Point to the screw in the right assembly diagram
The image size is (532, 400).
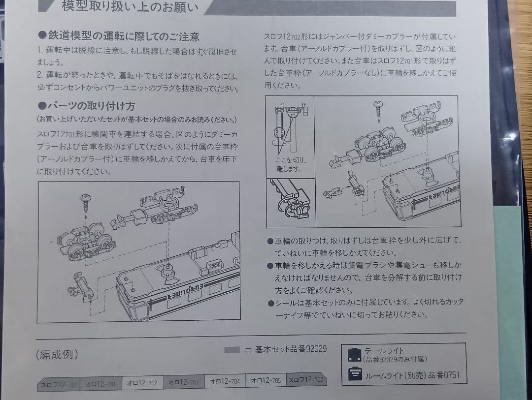(x=379, y=105)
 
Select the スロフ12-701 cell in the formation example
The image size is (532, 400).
(x=59, y=383)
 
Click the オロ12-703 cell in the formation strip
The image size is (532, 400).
(x=183, y=381)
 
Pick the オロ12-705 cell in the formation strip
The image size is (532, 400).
(x=266, y=380)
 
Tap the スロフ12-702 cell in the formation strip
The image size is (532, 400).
(x=305, y=380)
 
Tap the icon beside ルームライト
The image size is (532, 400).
(x=354, y=374)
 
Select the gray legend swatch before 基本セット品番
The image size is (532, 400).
(x=232, y=350)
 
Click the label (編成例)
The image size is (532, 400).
(x=57, y=355)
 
